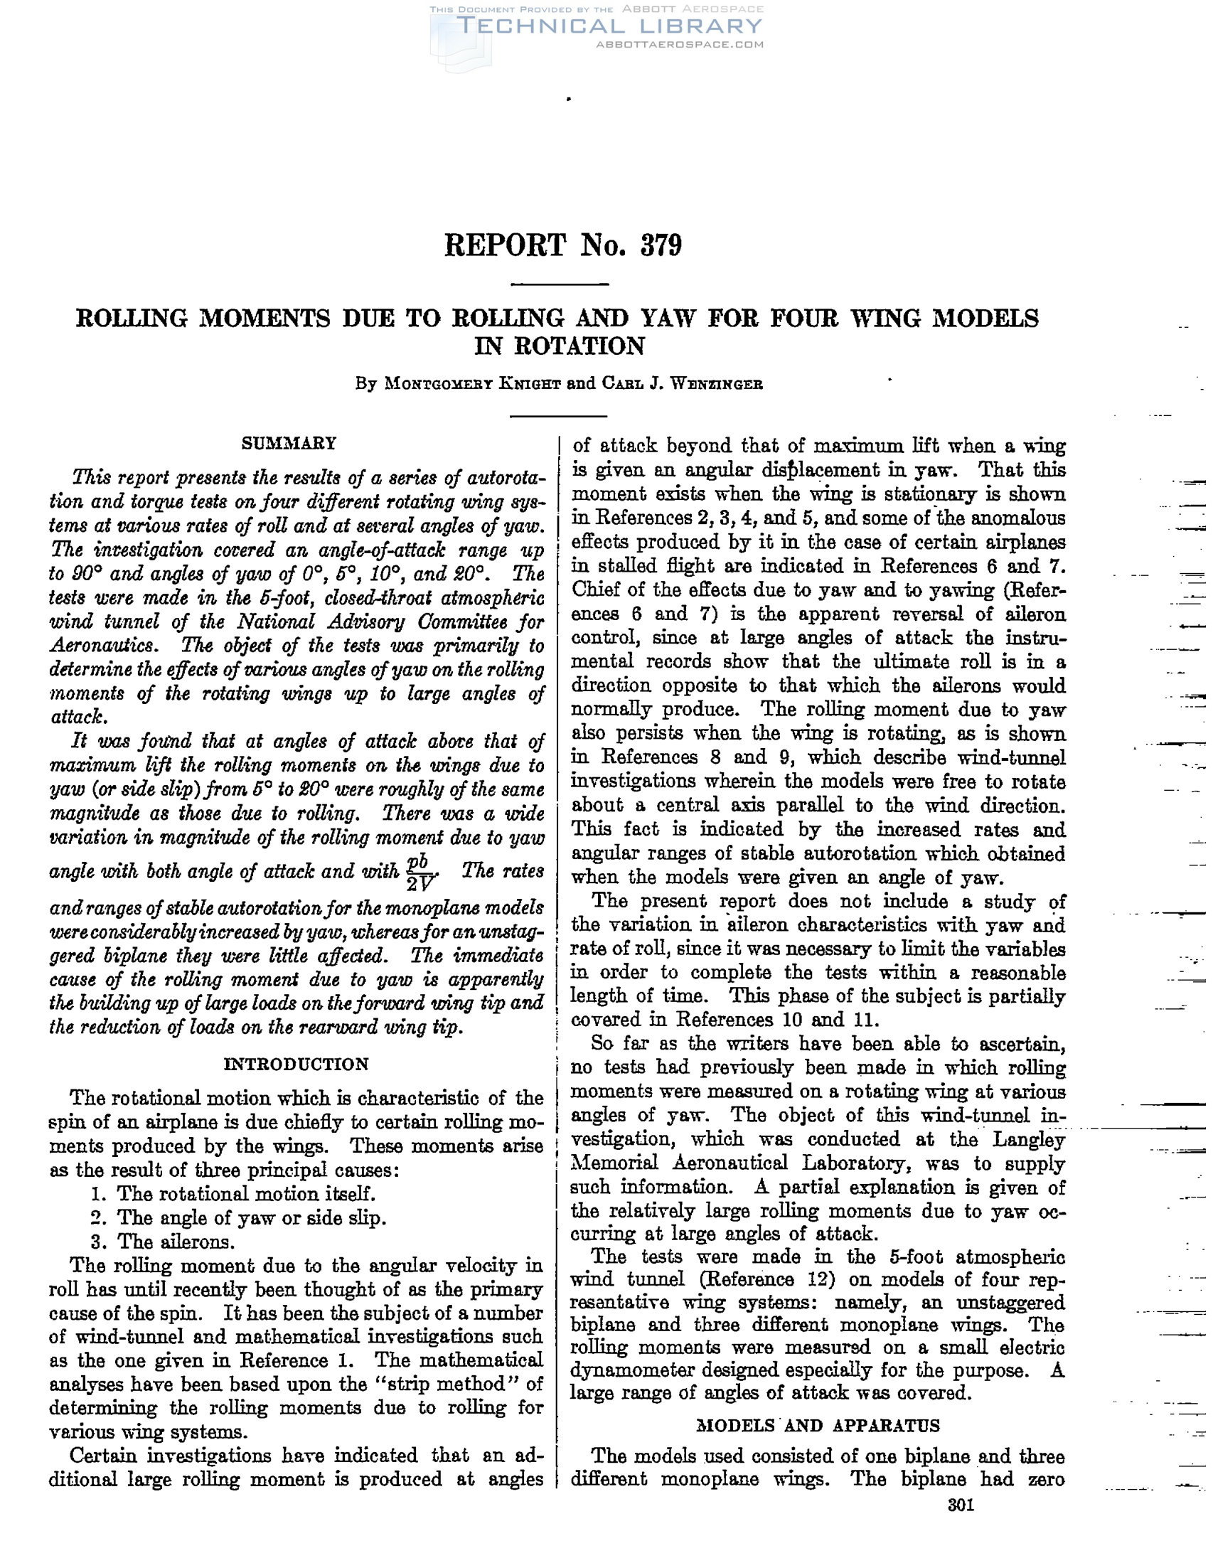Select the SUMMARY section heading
coord(289,443)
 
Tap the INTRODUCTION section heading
coord(296,1065)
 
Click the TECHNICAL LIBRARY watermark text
coord(609,26)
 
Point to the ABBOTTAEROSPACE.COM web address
coord(680,44)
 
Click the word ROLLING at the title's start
coord(131,318)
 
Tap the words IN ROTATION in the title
coord(560,346)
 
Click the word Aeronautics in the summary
coord(102,646)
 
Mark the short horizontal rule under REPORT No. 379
coord(560,284)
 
